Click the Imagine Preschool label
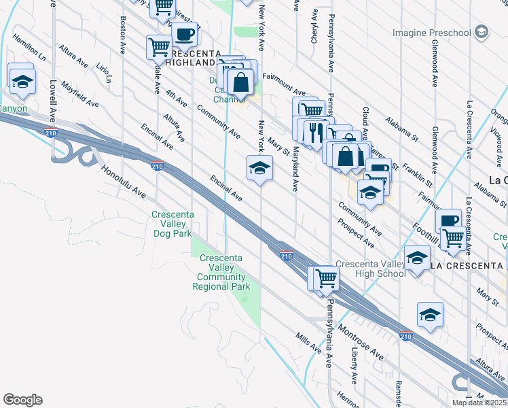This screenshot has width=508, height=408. pos(431,33)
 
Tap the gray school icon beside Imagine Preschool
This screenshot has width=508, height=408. pos(482,32)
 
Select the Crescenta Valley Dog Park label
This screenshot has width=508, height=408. pos(172,224)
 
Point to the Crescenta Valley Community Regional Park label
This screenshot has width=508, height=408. pos(221,272)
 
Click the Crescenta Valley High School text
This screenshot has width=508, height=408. pos(370,269)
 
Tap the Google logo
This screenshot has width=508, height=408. pos(22,400)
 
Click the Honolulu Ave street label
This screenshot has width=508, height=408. pos(124,182)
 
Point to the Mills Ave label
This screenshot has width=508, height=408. pos(308,342)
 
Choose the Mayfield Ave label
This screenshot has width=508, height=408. pos(79,95)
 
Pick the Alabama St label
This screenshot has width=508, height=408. pos(401,127)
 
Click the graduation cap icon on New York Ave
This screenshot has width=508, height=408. pos(259,168)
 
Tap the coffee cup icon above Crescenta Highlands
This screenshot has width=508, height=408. pos(184,34)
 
